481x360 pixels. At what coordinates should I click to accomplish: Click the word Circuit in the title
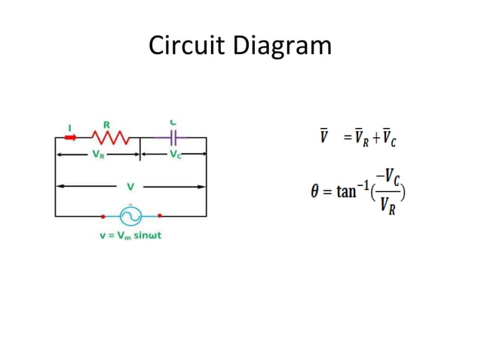pos(185,46)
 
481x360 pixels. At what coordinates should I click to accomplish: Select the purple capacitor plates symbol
pos(174,138)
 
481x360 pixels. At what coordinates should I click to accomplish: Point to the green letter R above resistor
pos(106,125)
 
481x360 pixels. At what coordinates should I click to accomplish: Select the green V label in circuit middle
pos(130,185)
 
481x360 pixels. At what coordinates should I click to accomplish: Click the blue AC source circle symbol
pos(130,216)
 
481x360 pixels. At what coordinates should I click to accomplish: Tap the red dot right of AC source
pos(160,216)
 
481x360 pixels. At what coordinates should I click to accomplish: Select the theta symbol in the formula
pos(316,191)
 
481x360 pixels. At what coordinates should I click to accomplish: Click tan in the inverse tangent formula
pos(346,191)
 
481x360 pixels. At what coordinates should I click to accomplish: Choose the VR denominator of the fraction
pos(389,205)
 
